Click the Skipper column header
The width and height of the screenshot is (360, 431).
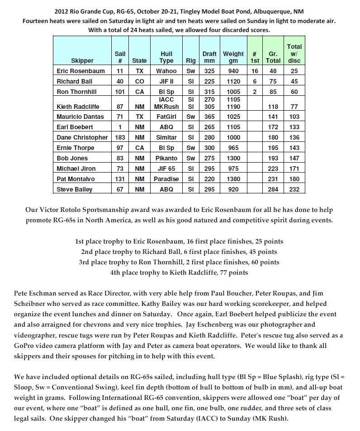(82, 61)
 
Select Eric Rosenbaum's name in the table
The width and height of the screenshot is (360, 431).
(81, 71)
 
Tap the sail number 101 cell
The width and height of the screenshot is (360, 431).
(120, 92)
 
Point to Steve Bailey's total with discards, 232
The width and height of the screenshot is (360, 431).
(294, 189)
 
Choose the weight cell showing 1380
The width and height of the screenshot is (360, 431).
(233, 179)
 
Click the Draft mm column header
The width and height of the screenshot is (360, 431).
(209, 57)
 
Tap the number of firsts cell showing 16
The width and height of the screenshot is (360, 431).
(255, 71)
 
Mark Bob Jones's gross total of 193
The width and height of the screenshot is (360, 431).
(273, 158)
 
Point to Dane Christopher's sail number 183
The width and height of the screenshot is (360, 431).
(120, 137)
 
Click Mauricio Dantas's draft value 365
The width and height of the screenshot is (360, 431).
(209, 117)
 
